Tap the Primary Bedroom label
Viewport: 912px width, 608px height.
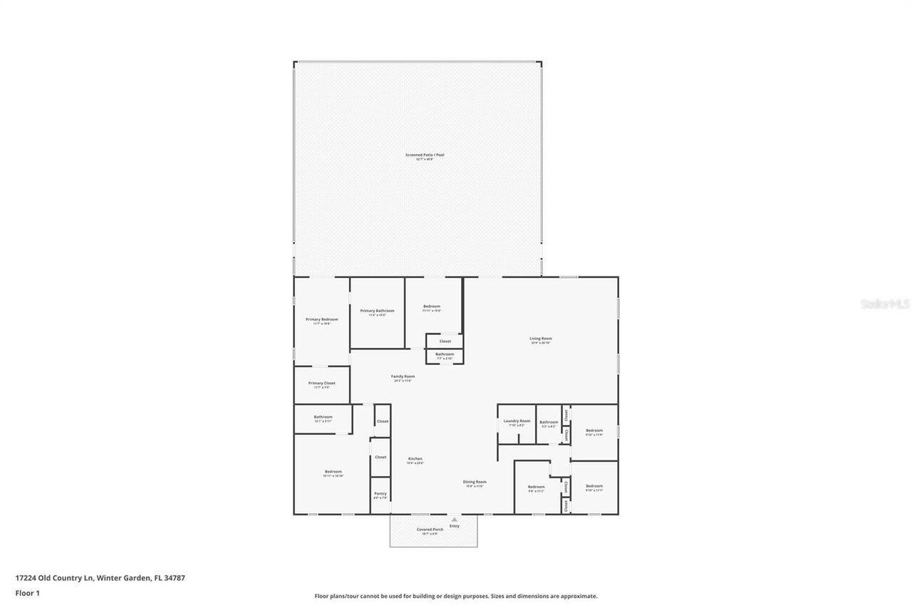(322, 319)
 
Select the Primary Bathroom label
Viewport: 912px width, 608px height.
(377, 311)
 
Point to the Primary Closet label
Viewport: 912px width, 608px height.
(321, 383)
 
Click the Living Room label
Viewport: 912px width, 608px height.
(540, 339)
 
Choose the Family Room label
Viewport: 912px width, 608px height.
(403, 376)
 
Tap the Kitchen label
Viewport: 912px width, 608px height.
(415, 459)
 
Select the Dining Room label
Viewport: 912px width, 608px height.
(475, 482)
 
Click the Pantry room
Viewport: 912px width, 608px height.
(380, 495)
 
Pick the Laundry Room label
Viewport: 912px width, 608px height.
(517, 421)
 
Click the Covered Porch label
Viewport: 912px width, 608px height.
(430, 530)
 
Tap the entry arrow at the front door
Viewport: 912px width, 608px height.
(454, 520)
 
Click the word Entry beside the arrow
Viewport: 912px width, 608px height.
(455, 526)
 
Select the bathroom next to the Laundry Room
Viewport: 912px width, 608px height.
(549, 423)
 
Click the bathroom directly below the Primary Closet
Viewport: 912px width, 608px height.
(323, 418)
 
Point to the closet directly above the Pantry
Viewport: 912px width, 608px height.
(380, 457)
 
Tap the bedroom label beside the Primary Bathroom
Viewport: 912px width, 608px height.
(432, 306)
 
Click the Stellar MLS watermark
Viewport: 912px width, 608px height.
(885, 304)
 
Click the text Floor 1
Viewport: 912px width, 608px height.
(27, 593)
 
